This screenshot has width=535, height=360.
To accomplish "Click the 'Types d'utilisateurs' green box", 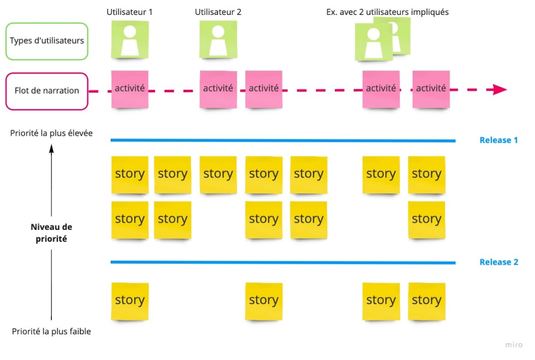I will pos(47,41).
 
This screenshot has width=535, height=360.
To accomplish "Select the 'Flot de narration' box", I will pos(47,91).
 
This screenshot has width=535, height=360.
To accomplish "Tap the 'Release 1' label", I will pos(498,140).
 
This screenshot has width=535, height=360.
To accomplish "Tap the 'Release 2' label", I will pos(498,262).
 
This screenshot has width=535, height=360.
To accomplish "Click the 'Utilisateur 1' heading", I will pos(130,12).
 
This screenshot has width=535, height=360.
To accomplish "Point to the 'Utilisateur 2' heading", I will pos(218,12).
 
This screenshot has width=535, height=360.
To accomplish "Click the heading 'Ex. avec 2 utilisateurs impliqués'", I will pos(387,12).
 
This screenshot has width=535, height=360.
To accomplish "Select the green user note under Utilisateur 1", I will pos(130,40).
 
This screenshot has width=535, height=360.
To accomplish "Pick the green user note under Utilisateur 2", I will pos(218,40).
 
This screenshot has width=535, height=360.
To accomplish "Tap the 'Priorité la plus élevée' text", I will pos(51,133).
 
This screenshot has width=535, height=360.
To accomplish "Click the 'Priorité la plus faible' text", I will pos(51,332).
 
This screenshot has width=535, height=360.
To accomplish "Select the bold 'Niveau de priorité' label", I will pos(51,232).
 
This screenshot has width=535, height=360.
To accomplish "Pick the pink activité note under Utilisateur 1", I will pos(130,89).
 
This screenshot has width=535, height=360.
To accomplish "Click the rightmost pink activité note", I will pos(431,89).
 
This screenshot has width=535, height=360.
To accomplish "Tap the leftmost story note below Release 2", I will pos(130,301).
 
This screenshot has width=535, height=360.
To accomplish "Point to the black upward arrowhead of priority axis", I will pos(51,148).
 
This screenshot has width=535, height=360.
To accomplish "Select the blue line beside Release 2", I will pos(283,263).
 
